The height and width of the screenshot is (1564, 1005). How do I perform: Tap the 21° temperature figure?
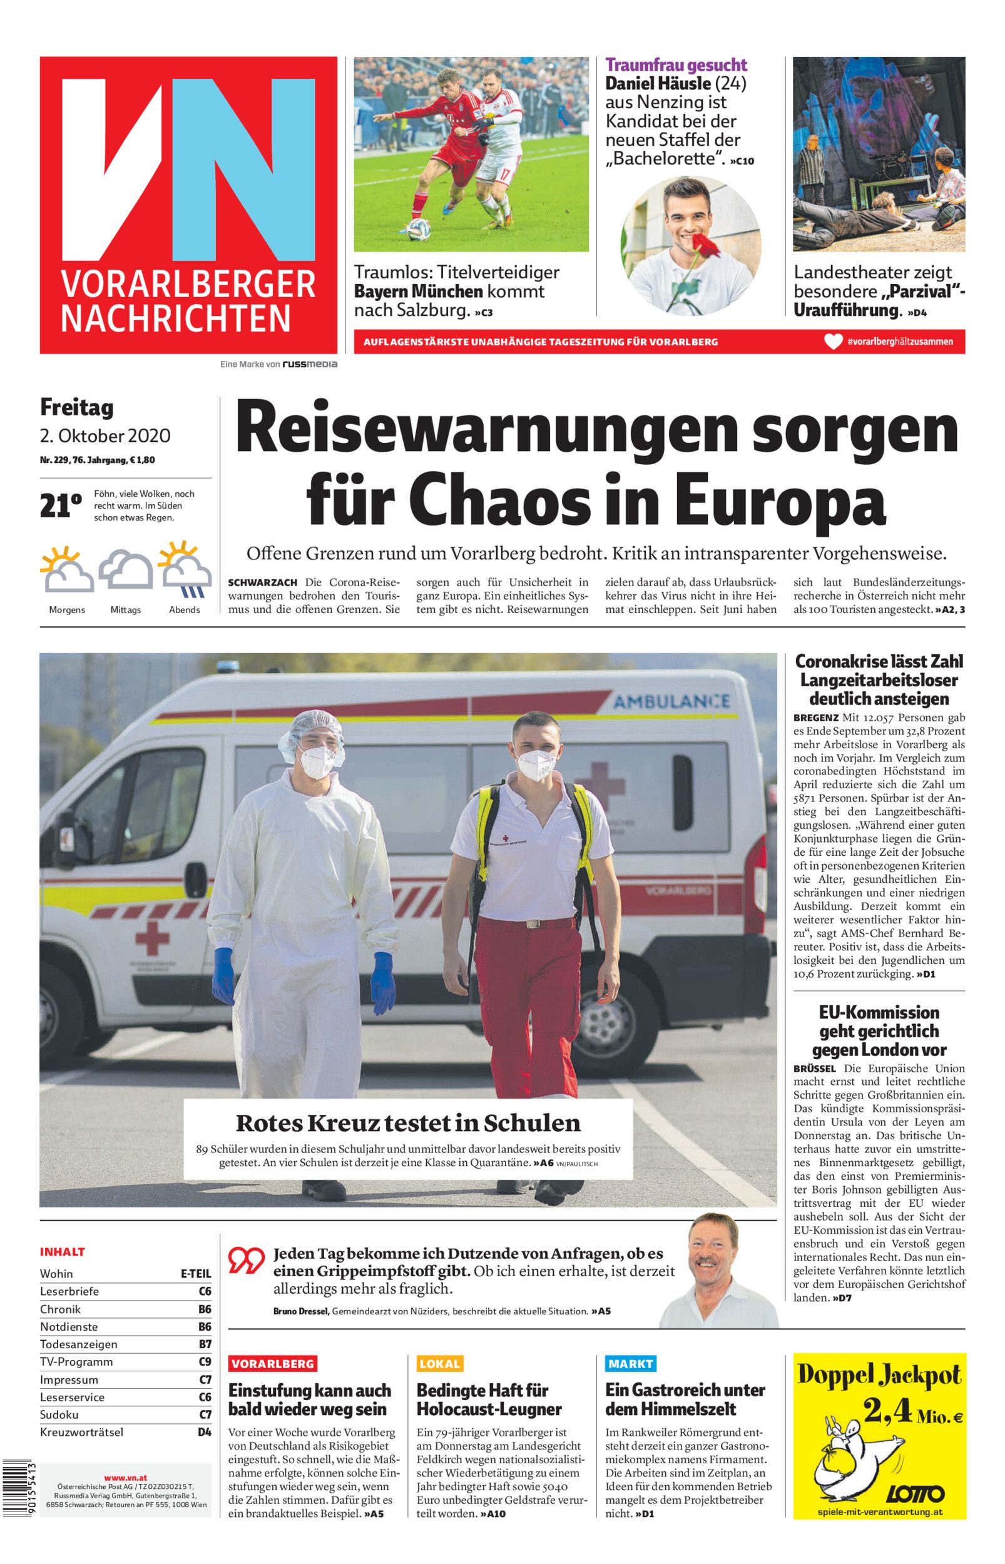pyautogui.click(x=61, y=506)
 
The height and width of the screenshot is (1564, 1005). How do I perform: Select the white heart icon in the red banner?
pyautogui.click(x=833, y=341)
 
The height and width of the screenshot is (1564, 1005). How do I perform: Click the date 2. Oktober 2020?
pyautogui.click(x=105, y=435)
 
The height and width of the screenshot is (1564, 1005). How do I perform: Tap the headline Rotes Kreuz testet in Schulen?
pyautogui.click(x=408, y=1122)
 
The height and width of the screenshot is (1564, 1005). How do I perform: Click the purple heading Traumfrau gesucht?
pyautogui.click(x=676, y=64)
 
